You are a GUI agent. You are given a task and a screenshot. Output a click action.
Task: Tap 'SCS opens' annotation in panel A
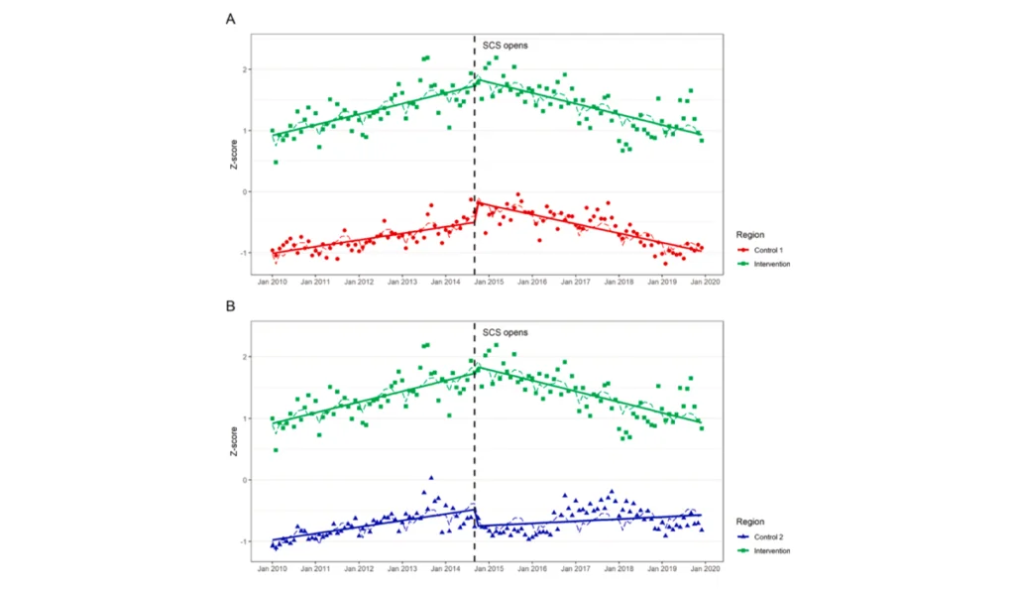click(505, 46)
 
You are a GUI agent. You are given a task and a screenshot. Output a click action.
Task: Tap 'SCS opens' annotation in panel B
click(505, 332)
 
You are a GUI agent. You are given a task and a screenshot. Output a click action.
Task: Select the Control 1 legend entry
click(771, 252)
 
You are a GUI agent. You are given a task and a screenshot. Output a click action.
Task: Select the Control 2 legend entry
click(771, 538)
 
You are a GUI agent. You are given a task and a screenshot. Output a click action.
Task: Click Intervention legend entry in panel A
click(775, 264)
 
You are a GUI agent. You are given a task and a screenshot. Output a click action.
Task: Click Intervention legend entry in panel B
click(775, 550)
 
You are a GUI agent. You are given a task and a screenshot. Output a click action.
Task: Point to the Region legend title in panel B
click(749, 521)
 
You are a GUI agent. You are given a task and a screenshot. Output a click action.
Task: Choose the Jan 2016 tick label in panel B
click(531, 570)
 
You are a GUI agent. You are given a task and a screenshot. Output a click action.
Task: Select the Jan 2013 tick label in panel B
click(401, 570)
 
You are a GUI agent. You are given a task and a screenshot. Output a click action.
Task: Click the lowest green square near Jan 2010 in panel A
click(276, 162)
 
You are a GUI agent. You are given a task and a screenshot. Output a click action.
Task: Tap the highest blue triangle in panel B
click(431, 478)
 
